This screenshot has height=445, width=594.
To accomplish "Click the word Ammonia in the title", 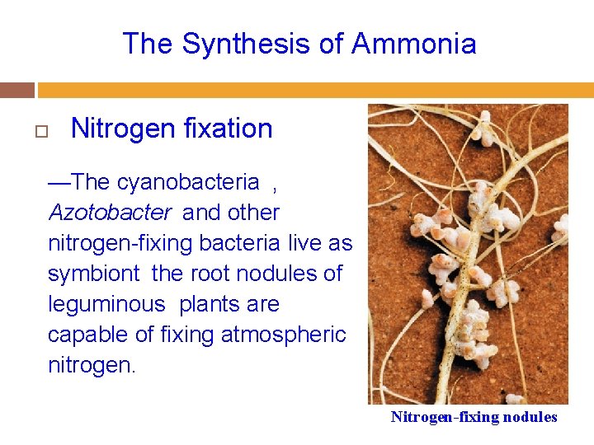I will pos(413,44).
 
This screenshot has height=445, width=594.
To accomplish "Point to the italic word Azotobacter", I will pos(110,213).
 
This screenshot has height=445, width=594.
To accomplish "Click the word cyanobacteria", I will pos(189,182).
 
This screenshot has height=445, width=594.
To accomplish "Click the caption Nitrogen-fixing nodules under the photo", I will pos(474,417).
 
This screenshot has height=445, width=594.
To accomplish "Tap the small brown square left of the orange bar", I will pos(17,90).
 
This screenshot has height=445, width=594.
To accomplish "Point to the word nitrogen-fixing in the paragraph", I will pos(130,243).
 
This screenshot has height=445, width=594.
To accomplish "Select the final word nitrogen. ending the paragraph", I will pos(92,364).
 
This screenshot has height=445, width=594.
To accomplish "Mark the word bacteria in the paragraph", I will pos(247,243).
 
